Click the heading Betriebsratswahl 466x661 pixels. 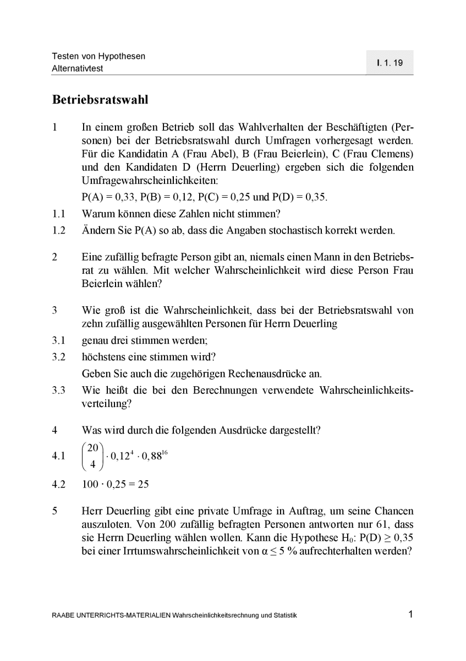(x=100, y=100)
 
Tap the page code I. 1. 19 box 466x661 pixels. (x=390, y=63)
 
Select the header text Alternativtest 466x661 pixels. (x=78, y=69)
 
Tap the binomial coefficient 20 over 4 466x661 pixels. (x=93, y=456)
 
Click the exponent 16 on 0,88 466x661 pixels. (x=166, y=451)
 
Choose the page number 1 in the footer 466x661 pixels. (x=410, y=614)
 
